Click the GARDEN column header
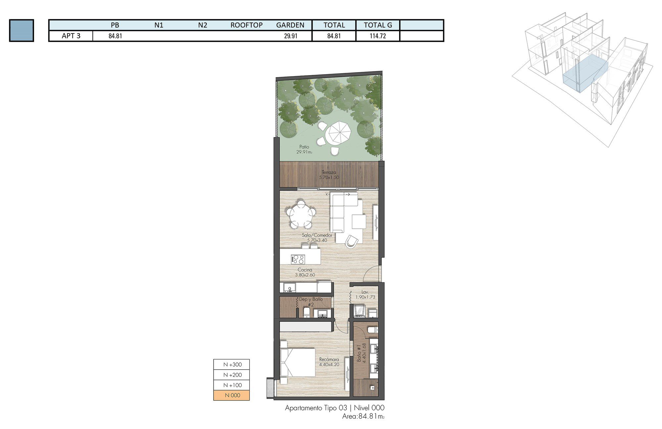click(x=290, y=25)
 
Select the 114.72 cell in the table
click(x=378, y=36)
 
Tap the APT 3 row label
click(x=71, y=36)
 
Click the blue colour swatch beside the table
click(x=22, y=30)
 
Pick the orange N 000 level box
click(x=231, y=395)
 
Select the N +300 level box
click(x=231, y=364)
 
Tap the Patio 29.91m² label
click(x=304, y=149)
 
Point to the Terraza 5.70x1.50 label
click(x=329, y=175)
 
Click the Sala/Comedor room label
click(x=317, y=238)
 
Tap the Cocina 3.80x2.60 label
click(x=305, y=272)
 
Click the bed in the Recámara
click(x=297, y=362)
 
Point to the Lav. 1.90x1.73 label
click(x=365, y=295)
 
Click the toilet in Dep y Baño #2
click(x=307, y=312)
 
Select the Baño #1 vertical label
click(x=361, y=354)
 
